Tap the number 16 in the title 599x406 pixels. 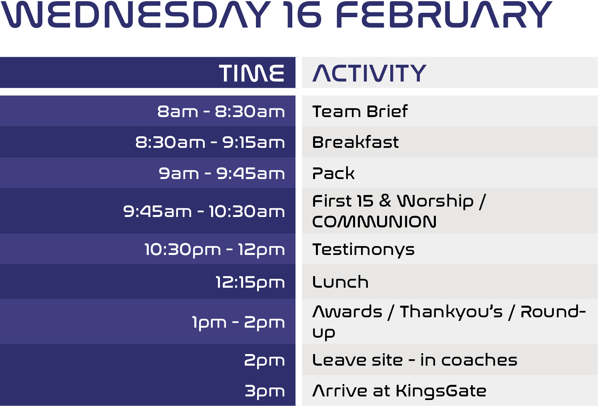click(303, 14)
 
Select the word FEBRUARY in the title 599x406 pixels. click(444, 14)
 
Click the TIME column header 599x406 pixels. click(252, 73)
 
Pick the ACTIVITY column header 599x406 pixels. click(369, 73)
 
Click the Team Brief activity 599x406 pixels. click(360, 111)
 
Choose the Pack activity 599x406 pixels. click(333, 173)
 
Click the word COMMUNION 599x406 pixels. click(374, 222)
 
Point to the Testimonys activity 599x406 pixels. click(363, 250)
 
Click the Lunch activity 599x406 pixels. click(340, 282)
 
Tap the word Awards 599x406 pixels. click(347, 312)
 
